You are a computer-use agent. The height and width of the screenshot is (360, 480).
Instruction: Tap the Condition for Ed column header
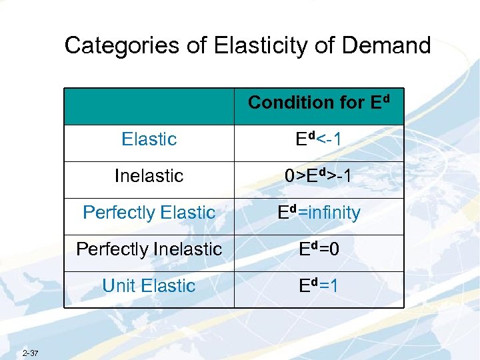(x=318, y=103)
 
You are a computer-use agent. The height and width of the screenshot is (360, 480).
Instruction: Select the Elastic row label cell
(x=149, y=139)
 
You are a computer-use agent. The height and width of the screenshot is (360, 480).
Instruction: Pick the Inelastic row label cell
(x=149, y=176)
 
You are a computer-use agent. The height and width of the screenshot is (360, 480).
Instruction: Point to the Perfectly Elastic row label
(x=149, y=213)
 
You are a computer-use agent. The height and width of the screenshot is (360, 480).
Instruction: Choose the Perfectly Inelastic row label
(x=149, y=249)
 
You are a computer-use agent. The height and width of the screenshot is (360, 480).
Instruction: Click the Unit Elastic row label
(x=149, y=286)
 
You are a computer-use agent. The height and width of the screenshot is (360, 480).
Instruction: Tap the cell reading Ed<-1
(x=319, y=139)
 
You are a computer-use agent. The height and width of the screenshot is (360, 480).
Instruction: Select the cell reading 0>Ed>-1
(x=319, y=176)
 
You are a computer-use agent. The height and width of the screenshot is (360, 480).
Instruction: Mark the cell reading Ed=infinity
(x=319, y=213)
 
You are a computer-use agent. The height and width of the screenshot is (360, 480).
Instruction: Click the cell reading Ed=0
(x=319, y=249)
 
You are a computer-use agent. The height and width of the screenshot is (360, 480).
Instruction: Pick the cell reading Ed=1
(x=319, y=286)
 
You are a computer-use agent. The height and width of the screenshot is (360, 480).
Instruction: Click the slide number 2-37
(x=29, y=352)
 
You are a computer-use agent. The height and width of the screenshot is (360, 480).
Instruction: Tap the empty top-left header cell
(x=149, y=107)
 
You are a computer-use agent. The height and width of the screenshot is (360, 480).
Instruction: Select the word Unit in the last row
(x=119, y=286)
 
